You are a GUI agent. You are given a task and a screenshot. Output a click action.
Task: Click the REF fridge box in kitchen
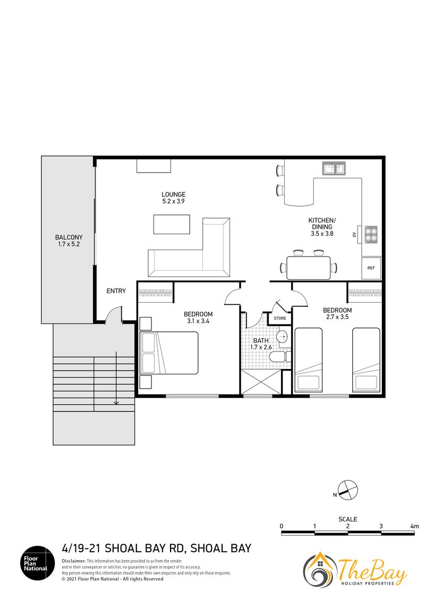(371, 268)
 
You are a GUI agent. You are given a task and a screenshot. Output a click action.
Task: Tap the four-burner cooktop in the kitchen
(371, 234)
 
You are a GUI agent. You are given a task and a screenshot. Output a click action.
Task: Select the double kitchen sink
(334, 168)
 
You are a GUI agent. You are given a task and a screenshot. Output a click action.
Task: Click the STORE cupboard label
(279, 318)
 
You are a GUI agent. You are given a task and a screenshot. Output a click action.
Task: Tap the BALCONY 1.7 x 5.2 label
(69, 241)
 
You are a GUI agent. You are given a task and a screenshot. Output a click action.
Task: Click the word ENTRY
(116, 291)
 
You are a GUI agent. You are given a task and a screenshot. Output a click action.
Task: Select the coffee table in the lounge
(172, 224)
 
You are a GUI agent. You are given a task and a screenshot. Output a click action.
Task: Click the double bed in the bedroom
(169, 353)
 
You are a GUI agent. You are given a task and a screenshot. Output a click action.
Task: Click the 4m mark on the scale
(414, 526)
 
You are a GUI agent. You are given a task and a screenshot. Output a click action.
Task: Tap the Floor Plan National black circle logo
(38, 563)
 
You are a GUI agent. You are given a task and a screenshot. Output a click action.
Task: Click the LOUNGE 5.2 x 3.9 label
(173, 198)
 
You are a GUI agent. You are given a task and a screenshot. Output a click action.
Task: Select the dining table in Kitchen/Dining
(309, 268)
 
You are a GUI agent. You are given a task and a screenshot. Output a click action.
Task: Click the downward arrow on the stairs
(116, 379)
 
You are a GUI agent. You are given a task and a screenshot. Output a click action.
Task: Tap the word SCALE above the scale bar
(347, 519)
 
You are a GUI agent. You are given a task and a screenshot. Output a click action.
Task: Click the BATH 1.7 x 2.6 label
(261, 344)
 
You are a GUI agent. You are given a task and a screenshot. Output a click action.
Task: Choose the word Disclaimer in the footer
(74, 561)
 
